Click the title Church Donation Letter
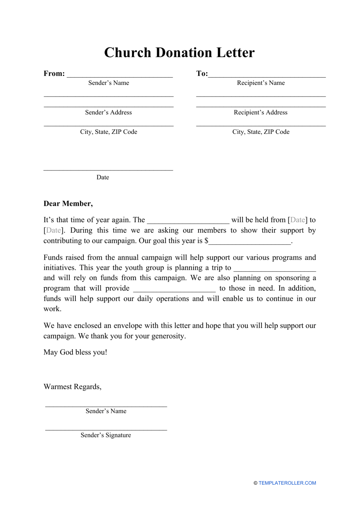click(179, 53)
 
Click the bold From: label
click(54, 74)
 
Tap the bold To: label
click(202, 74)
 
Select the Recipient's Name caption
click(261, 83)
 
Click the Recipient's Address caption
click(261, 113)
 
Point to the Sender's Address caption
click(108, 113)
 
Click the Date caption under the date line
click(103, 177)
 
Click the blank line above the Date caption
click(108, 170)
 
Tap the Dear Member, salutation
click(68, 204)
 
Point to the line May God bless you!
click(75, 352)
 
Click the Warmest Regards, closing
click(72, 387)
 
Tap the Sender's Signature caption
click(106, 435)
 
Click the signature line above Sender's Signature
click(106, 430)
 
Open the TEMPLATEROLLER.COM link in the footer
click(287, 483)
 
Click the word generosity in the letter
click(168, 336)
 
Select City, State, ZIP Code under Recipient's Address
click(261, 132)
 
